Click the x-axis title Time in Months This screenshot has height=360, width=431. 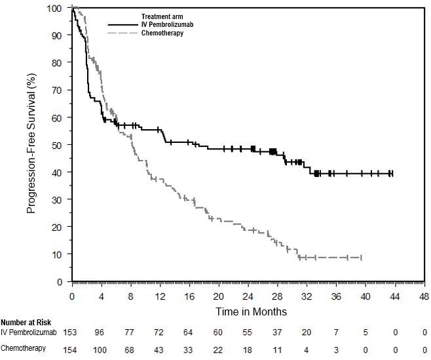pos(248,311)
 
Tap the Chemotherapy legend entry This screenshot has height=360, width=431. pos(162,32)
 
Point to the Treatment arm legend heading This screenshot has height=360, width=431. pos(165,16)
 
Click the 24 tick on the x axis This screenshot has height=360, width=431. pos(248,296)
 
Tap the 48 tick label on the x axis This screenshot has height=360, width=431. pos(424,296)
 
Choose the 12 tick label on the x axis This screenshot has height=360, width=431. pos(160,296)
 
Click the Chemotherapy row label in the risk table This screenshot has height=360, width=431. pos(24,348)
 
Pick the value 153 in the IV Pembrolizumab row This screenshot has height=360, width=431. pos(72,333)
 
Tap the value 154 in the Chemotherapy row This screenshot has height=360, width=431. pos(72,348)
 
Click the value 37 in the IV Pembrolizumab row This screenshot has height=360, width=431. pos(278,333)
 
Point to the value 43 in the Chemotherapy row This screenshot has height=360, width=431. pos(160,348)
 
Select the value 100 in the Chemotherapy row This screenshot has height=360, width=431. pos(102,348)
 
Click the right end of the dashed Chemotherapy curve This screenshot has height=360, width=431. pos(361,258)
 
